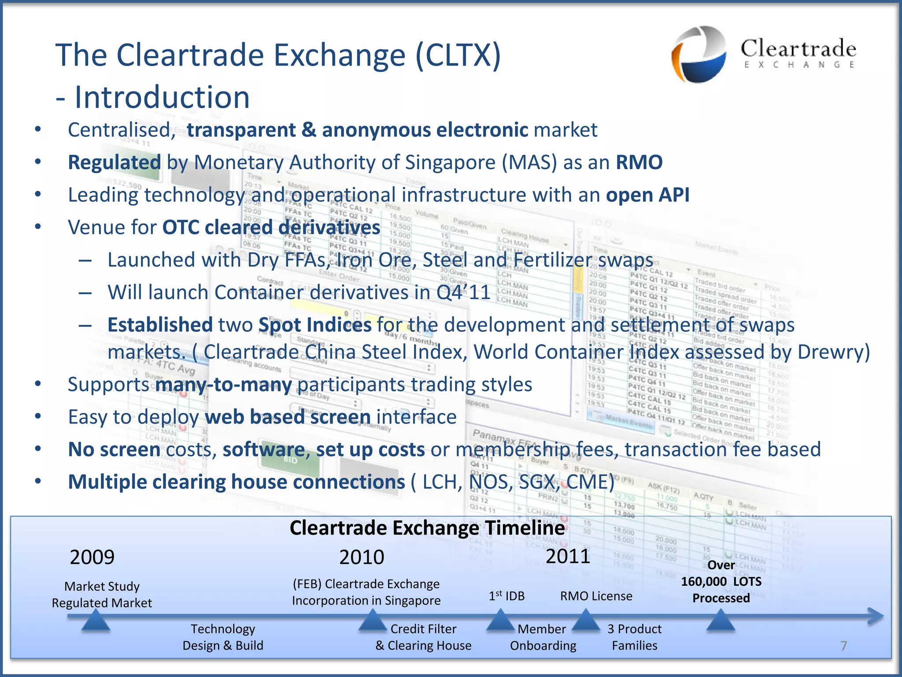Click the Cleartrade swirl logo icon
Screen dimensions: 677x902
(699, 54)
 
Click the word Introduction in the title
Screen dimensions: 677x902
(162, 97)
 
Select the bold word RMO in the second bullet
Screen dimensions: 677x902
(639, 162)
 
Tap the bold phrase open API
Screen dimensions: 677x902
(647, 195)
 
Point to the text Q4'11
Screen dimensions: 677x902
(463, 292)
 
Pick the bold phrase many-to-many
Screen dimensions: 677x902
(224, 384)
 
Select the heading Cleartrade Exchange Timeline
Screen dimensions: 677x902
(427, 528)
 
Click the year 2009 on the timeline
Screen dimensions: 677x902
(92, 558)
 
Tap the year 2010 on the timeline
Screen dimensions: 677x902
(362, 558)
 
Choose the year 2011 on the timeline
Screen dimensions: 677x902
(568, 556)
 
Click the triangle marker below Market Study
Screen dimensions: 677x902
(96, 621)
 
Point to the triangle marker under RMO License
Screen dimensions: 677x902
(586, 621)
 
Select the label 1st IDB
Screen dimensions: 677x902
(506, 596)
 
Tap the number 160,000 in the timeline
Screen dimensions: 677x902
(703, 582)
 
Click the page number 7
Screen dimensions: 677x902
(843, 646)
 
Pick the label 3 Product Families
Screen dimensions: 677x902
(634, 637)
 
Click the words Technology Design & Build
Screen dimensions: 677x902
(223, 637)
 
